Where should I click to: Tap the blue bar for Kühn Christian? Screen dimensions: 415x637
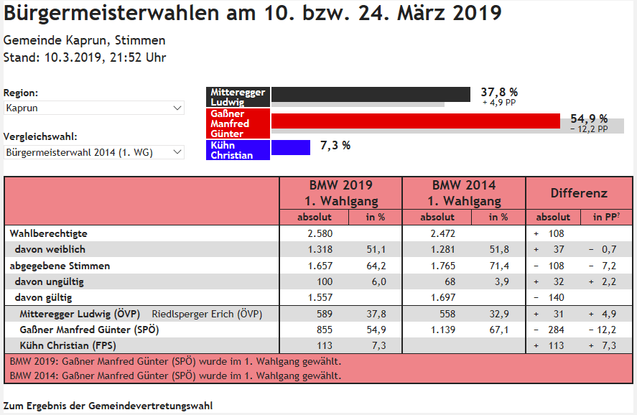tap(291, 147)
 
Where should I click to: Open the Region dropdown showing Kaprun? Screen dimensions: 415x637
tap(93, 108)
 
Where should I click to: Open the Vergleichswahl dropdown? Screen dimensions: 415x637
tap(93, 152)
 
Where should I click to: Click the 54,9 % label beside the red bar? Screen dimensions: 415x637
tap(589, 118)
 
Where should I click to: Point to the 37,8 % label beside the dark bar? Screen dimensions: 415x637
tap(499, 93)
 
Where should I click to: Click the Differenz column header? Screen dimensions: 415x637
tap(579, 193)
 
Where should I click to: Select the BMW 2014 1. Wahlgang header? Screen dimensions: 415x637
tap(464, 193)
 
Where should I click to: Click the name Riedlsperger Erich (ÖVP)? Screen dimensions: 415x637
tap(207, 314)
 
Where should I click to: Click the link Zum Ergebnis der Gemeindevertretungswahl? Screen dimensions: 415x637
tap(108, 406)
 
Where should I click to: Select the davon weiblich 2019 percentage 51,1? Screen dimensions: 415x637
tap(377, 249)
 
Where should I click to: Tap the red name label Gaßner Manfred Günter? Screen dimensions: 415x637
tap(238, 123)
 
